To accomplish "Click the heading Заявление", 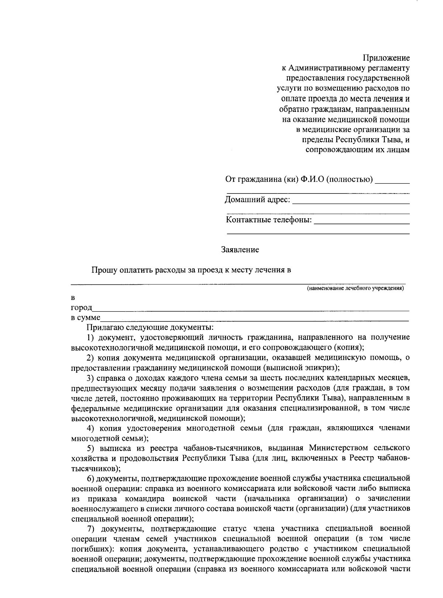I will click(240, 250).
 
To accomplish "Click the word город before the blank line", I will click(81, 308).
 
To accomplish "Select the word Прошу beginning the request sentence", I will click(104, 270).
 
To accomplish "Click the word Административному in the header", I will click(324, 68).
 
